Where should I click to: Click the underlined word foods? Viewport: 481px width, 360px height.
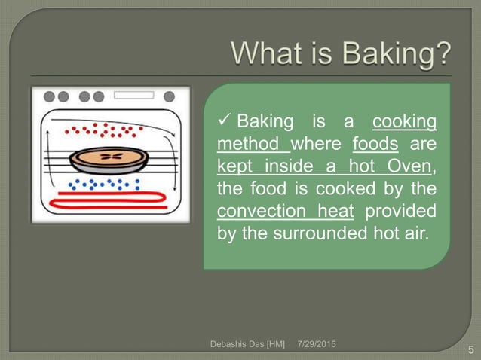click(375, 144)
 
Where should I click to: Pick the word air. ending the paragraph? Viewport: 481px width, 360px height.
click(413, 233)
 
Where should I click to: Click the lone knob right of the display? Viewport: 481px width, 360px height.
click(169, 97)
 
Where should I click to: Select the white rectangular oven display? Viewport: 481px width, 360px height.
click(133, 96)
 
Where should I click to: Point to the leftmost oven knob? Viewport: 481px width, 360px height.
click(50, 97)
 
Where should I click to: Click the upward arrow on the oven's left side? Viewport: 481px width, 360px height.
click(47, 162)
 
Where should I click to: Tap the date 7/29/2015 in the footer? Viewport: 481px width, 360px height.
click(317, 344)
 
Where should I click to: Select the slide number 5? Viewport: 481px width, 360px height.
click(470, 349)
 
